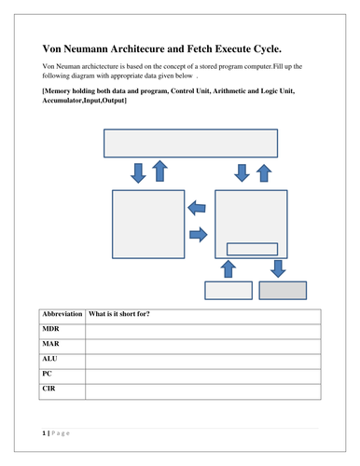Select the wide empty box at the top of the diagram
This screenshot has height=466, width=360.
[x=190, y=143]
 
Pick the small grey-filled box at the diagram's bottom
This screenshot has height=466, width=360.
[x=282, y=290]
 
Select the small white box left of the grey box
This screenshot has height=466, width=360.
[x=228, y=290]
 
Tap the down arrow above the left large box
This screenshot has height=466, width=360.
[x=139, y=171]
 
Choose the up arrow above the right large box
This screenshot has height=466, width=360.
[x=264, y=171]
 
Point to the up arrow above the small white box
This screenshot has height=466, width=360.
[x=228, y=268]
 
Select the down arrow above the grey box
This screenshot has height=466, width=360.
[x=279, y=268]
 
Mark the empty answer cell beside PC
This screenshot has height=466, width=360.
[x=201, y=373]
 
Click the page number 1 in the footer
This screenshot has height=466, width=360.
[x=43, y=434]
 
